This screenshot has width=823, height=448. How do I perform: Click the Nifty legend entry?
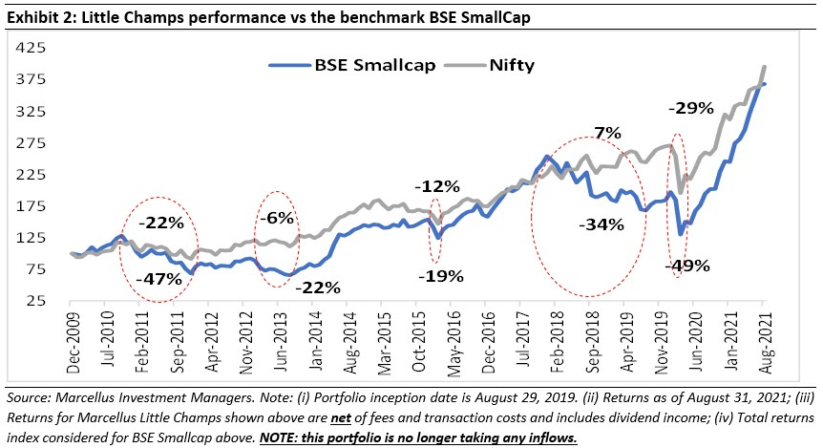(x=512, y=67)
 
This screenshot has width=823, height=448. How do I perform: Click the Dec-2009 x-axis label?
(x=72, y=334)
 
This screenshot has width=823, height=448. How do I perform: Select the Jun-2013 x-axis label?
(x=278, y=334)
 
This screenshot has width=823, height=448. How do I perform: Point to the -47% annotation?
(x=158, y=279)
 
